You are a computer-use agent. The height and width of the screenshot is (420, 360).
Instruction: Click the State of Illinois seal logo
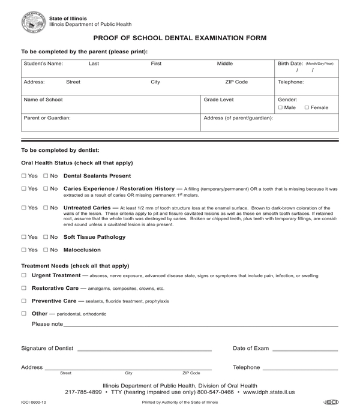pyautogui.click(x=33, y=22)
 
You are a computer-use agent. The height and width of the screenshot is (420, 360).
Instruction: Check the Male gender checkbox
pyautogui.click(x=281, y=107)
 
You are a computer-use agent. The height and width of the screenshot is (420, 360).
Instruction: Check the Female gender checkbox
pyautogui.click(x=307, y=107)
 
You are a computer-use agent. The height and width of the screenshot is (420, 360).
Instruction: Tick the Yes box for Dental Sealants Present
pyautogui.click(x=24, y=176)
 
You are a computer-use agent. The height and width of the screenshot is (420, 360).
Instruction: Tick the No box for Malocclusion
pyautogui.click(x=46, y=250)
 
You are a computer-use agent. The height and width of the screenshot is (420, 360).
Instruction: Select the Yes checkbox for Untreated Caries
pyautogui.click(x=24, y=208)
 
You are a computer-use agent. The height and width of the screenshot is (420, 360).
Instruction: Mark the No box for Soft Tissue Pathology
pyautogui.click(x=46, y=237)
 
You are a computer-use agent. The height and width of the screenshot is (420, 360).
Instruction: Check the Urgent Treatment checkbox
pyautogui.click(x=24, y=275)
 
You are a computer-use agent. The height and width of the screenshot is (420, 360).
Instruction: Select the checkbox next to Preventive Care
pyautogui.click(x=24, y=301)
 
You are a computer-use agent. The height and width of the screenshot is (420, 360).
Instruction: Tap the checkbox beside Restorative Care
pyautogui.click(x=24, y=288)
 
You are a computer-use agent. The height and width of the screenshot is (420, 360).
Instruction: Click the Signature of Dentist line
pyautogui.click(x=144, y=349)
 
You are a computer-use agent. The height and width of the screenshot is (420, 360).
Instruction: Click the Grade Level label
pyautogui.click(x=219, y=100)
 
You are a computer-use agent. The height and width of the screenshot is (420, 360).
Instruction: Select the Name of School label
pyautogui.click(x=43, y=100)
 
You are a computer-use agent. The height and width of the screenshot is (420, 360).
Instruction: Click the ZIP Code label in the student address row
pyautogui.click(x=236, y=82)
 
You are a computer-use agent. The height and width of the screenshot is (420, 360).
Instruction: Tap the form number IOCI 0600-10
pyautogui.click(x=34, y=402)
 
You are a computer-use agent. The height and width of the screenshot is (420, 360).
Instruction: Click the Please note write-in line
pyautogui.click(x=201, y=325)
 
